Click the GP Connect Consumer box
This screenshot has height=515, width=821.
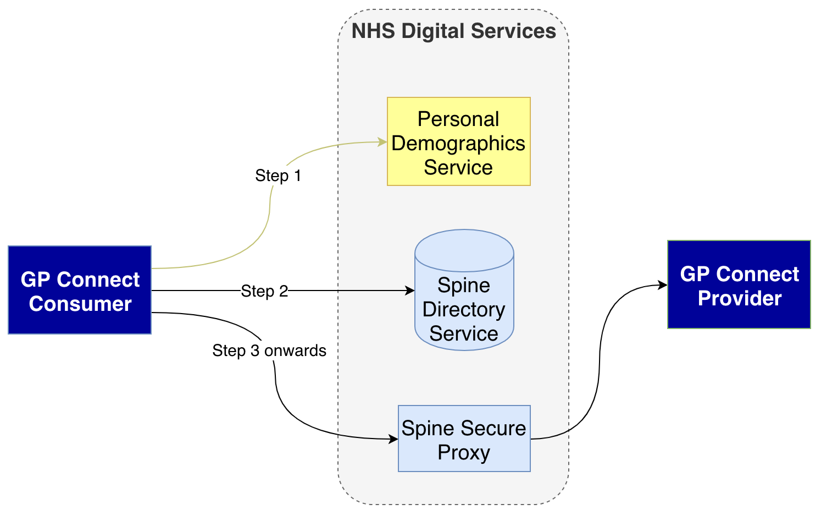80,290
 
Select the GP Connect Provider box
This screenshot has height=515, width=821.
739,284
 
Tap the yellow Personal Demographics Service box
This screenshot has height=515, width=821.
458,142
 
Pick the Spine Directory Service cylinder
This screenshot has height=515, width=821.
464,308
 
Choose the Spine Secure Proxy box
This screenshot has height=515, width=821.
464,439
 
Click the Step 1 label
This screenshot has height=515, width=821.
278,176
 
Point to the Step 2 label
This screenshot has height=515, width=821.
264,291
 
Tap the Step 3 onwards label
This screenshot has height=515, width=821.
269,350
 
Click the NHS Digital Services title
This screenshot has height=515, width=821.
453,31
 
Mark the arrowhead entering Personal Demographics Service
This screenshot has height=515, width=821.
382,142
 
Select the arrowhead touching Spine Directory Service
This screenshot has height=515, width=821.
410,291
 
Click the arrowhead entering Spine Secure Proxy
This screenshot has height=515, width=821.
393,439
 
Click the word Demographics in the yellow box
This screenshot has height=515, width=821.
458,143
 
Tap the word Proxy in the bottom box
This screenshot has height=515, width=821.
464,452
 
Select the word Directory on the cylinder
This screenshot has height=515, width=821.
464,309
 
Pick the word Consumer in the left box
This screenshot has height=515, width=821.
80,304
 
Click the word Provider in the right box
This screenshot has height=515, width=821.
739,298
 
